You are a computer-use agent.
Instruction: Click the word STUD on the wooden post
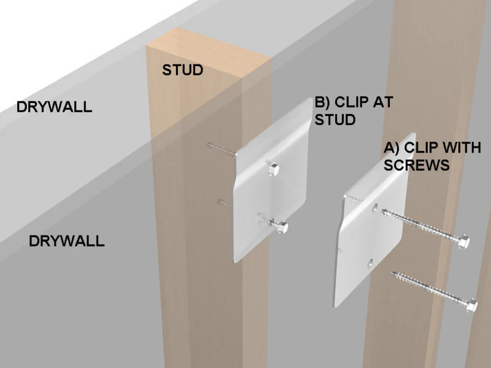coord(182,70)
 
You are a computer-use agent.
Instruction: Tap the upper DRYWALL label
coord(54,107)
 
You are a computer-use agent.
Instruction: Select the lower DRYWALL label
coord(67,241)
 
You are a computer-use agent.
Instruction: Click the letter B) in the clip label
coord(324,102)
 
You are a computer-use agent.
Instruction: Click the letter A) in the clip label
coord(393,148)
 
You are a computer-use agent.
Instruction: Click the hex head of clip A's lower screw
coord(471,305)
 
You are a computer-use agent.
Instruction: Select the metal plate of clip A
coord(362,239)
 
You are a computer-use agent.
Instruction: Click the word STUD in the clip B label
coord(335,119)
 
